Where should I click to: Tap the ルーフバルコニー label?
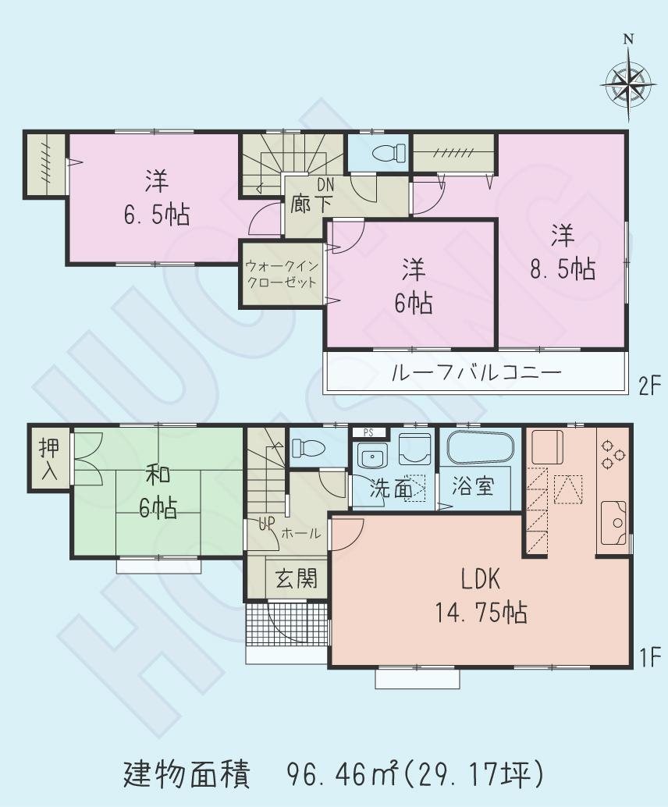click(x=476, y=373)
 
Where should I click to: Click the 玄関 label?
click(x=297, y=579)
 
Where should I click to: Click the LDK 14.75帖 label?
click(x=480, y=597)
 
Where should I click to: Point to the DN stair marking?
click(x=325, y=187)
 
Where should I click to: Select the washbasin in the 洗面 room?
click(x=370, y=455)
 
